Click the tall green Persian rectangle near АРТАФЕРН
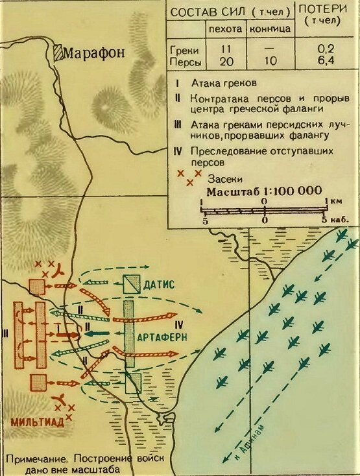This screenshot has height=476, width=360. tap(129, 331)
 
